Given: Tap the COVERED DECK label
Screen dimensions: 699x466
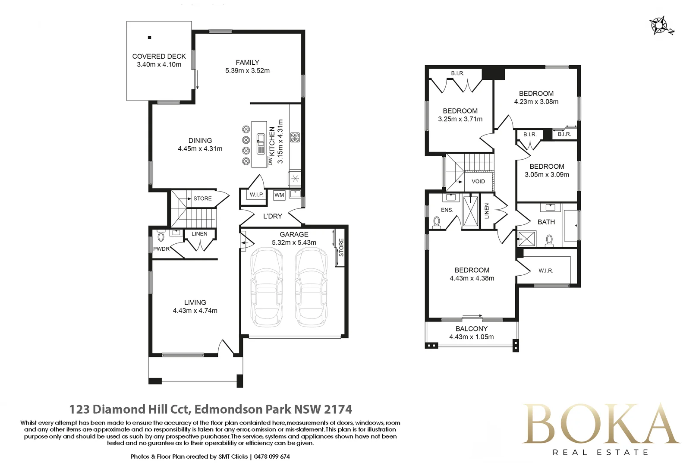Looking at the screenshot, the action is (x=159, y=57).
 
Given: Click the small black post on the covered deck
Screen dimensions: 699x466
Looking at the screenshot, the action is (x=149, y=38).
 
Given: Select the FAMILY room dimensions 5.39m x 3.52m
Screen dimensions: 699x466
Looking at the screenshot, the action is (x=248, y=70).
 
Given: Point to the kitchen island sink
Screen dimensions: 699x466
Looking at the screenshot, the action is (x=261, y=144).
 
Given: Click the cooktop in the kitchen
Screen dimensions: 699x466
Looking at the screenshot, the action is (x=295, y=137).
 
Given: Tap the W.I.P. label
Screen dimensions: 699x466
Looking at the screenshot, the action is (x=256, y=195).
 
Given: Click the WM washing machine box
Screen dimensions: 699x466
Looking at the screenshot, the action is (x=279, y=195).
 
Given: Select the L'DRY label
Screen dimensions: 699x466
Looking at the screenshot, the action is (x=272, y=216).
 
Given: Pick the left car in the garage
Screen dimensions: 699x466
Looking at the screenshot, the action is (x=267, y=287).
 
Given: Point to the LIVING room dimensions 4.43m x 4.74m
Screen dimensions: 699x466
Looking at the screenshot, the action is (x=195, y=311).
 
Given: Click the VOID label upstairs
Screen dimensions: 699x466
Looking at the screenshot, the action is (x=478, y=181).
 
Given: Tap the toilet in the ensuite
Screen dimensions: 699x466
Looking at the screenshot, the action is (x=437, y=222).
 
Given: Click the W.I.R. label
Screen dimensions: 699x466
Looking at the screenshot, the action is (x=546, y=271).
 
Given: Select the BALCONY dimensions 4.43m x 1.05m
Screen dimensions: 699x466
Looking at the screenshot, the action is (x=472, y=337).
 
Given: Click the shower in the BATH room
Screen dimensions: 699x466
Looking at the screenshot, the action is (x=526, y=239).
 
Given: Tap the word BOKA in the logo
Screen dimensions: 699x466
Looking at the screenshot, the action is (x=600, y=424).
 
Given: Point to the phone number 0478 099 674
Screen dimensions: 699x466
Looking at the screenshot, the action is (x=272, y=457).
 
